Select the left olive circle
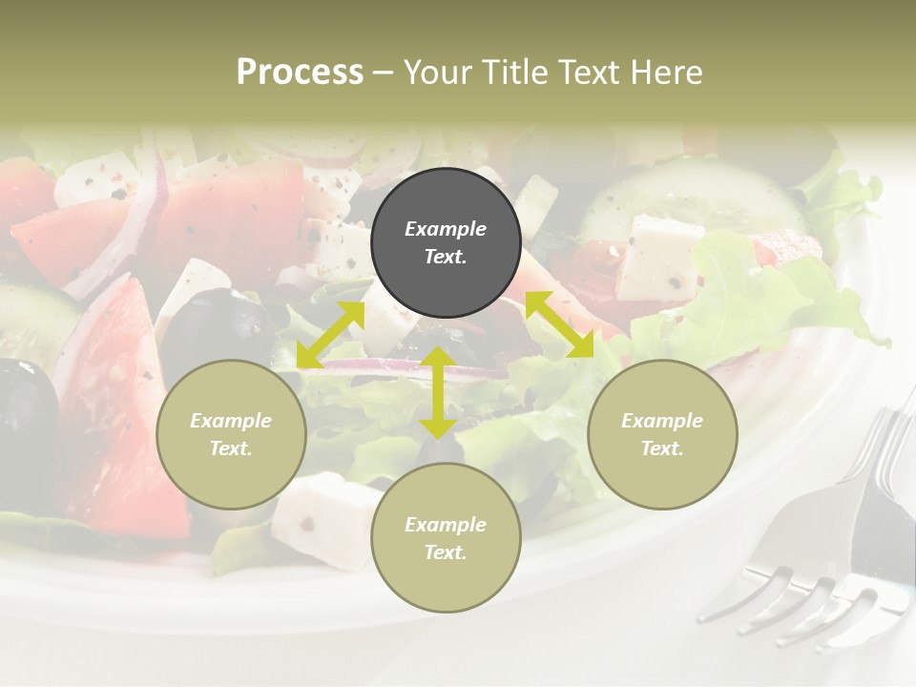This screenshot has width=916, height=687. pyautogui.click(x=231, y=434)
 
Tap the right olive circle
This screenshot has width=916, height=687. pyautogui.click(x=662, y=434)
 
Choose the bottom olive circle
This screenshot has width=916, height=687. pyautogui.click(x=446, y=537)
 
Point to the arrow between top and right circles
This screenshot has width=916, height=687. pyautogui.click(x=559, y=324)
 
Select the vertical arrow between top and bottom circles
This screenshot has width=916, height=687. pyautogui.click(x=438, y=392)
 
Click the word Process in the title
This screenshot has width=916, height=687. pyautogui.click(x=300, y=72)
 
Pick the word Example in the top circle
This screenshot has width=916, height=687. pyautogui.click(x=446, y=229)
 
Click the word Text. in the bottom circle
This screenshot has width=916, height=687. pyautogui.click(x=446, y=552)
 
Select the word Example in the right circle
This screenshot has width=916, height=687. pyautogui.click(x=662, y=421)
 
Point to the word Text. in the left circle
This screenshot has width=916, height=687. pyautogui.click(x=231, y=448)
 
